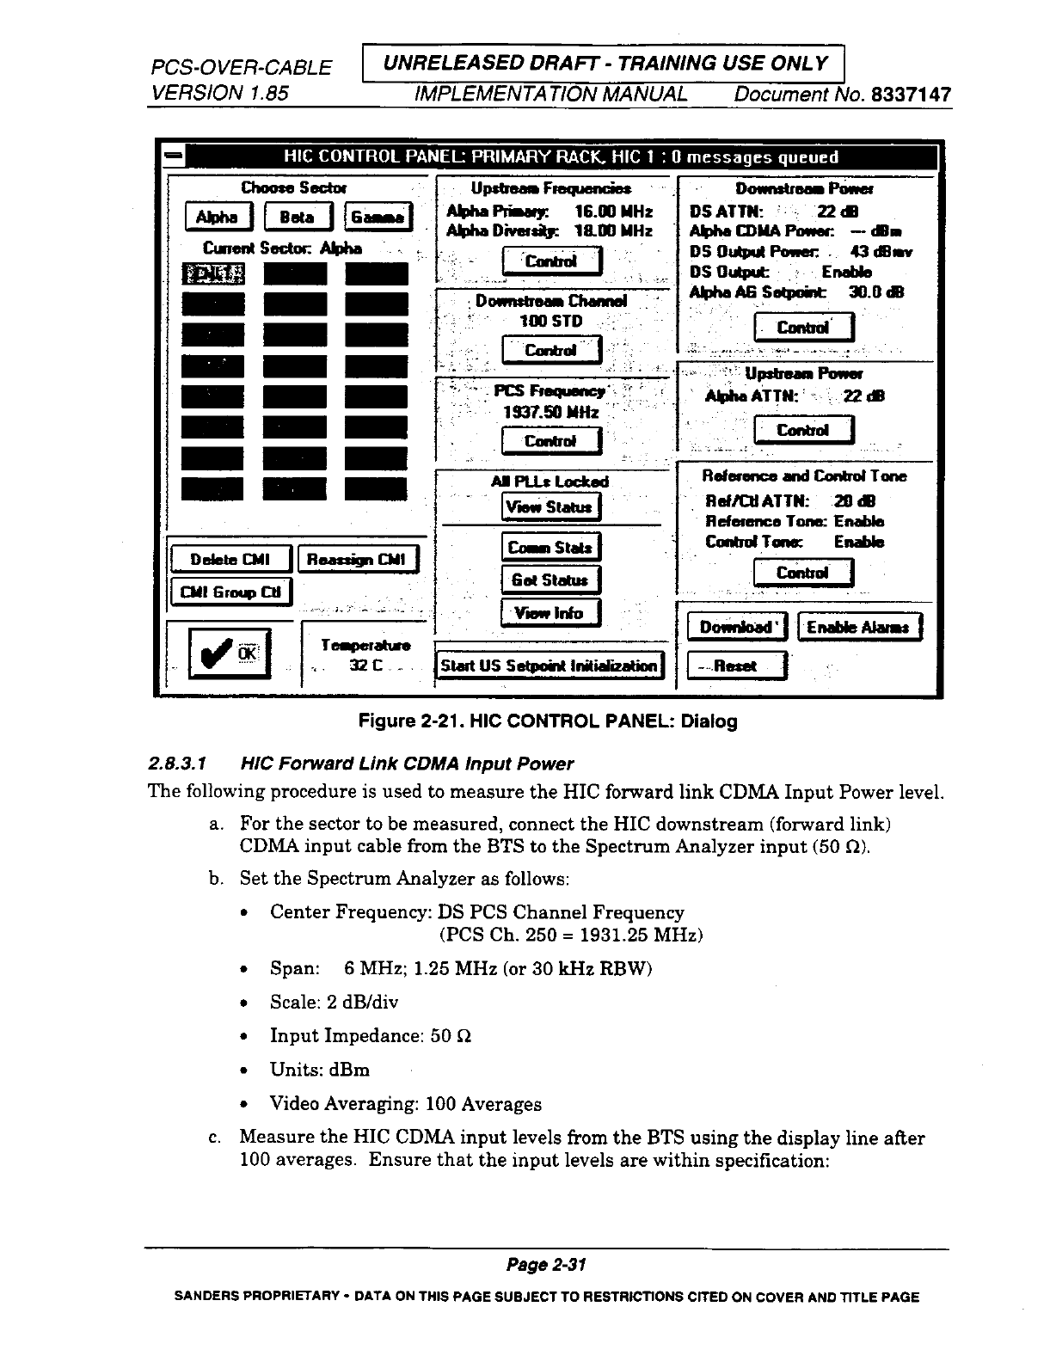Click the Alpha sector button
click(218, 218)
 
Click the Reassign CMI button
click(358, 560)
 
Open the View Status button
click(550, 506)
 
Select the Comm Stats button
click(550, 547)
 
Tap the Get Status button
click(550, 580)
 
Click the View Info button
click(550, 613)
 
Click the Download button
click(736, 627)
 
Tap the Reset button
click(736, 666)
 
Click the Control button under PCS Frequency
click(550, 441)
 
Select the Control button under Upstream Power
click(802, 430)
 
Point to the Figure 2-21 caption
click(548, 721)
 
